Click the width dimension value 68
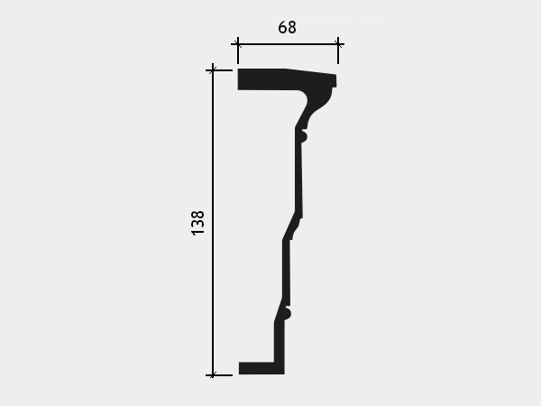[x=287, y=27]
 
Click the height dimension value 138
[x=197, y=223]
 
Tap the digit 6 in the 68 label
[x=282, y=27]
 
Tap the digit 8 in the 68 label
[x=291, y=27]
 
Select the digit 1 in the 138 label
[x=197, y=233]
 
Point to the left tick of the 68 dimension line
[x=238, y=44]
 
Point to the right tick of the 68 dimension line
[x=338, y=44]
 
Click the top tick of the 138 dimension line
[x=213, y=70]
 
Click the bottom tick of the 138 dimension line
[x=213, y=375]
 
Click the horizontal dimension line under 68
[x=288, y=44]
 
